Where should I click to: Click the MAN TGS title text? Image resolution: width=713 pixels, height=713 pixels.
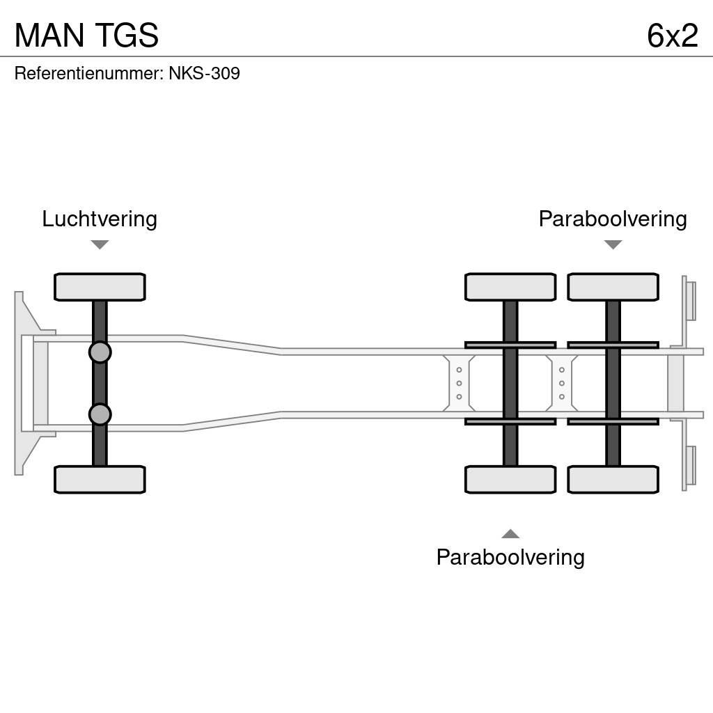pyautogui.click(x=86, y=36)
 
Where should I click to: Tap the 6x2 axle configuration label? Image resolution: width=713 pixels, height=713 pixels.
pyautogui.click(x=672, y=36)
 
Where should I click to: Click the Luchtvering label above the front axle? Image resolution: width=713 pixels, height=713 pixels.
pyautogui.click(x=100, y=219)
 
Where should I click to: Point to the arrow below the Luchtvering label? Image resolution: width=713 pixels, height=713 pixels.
pyautogui.click(x=100, y=244)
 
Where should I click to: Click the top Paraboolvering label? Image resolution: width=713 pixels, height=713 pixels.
pyautogui.click(x=613, y=219)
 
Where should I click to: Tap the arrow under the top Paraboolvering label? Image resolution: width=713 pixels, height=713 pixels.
pyautogui.click(x=613, y=244)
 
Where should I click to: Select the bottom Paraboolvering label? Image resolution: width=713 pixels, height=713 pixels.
pyautogui.click(x=510, y=557)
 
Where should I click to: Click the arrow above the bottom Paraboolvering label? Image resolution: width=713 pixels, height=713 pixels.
pyautogui.click(x=510, y=534)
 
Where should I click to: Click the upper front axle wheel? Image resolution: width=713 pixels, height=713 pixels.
pyautogui.click(x=100, y=287)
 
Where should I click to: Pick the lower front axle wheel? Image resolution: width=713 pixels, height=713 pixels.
pyautogui.click(x=100, y=480)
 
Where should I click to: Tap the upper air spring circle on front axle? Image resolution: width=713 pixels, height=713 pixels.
pyautogui.click(x=100, y=352)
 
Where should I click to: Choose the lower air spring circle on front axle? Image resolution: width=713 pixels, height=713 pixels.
pyautogui.click(x=100, y=414)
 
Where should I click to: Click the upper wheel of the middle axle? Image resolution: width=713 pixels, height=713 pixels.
pyautogui.click(x=510, y=287)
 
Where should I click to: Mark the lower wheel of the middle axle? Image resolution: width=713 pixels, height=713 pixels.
pyautogui.click(x=510, y=480)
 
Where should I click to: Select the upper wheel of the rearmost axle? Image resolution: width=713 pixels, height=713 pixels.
pyautogui.click(x=613, y=287)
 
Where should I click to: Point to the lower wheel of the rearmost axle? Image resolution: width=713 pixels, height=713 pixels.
pyautogui.click(x=613, y=480)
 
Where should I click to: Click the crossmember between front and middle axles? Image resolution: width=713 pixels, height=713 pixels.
pyautogui.click(x=459, y=383)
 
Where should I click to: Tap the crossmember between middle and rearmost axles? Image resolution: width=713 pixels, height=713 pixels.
pyautogui.click(x=562, y=383)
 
